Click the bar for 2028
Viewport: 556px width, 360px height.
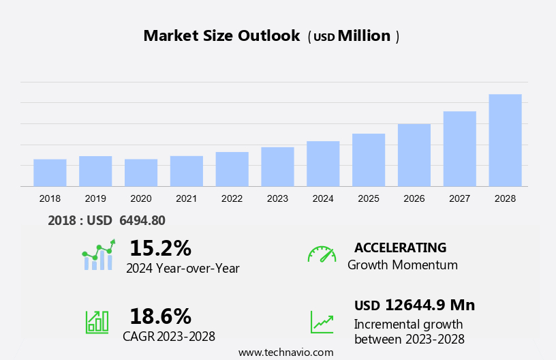tap(505, 140)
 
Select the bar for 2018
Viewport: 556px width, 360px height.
tap(50, 172)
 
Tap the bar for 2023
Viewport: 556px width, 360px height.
tap(277, 166)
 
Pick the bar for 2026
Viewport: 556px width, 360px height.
tap(414, 155)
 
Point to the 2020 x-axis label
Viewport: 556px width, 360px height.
tap(141, 198)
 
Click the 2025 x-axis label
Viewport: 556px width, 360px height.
tap(369, 198)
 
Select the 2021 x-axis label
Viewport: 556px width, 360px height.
tap(186, 198)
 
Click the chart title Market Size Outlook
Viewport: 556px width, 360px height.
tap(221, 36)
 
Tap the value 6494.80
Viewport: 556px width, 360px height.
tap(142, 220)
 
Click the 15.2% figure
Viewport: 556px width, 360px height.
tap(160, 247)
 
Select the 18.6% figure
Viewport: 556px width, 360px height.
tap(160, 316)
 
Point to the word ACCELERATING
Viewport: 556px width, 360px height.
tap(400, 247)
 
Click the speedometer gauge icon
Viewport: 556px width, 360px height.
tap(322, 254)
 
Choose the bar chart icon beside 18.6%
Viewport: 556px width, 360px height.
tap(97, 321)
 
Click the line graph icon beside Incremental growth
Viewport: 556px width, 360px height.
tap(322, 321)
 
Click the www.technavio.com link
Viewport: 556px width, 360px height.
tap(285, 352)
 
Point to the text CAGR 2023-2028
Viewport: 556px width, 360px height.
tap(169, 336)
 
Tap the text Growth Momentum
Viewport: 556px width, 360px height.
tap(402, 265)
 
